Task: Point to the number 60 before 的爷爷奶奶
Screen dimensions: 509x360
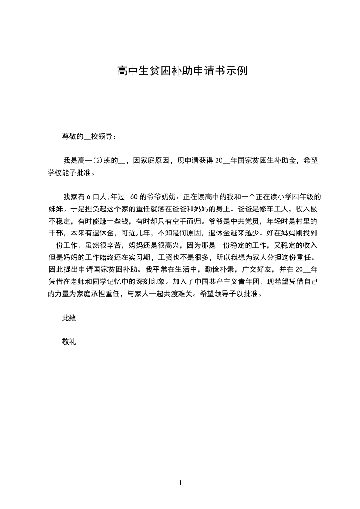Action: pos(134,197)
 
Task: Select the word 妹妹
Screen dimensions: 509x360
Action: pos(55,209)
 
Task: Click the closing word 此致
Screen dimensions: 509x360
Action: pos(69,318)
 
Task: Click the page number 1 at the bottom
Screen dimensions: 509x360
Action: pos(180,483)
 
